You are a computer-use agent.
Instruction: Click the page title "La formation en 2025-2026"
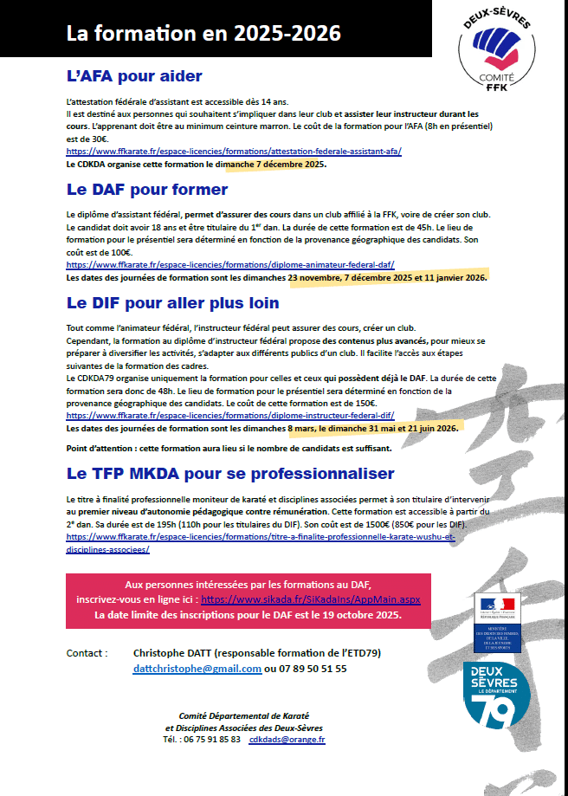point(203,34)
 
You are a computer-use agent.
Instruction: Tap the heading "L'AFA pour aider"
point(134,75)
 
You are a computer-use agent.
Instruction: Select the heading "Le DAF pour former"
point(146,189)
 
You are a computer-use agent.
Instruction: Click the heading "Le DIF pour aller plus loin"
point(172,303)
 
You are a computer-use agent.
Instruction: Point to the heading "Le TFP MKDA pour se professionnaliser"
point(229,474)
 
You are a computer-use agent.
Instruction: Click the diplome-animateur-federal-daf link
point(230,265)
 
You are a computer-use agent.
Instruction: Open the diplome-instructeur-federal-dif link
point(230,416)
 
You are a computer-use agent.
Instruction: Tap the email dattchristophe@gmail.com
point(197,669)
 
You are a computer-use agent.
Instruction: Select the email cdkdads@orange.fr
point(287,740)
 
